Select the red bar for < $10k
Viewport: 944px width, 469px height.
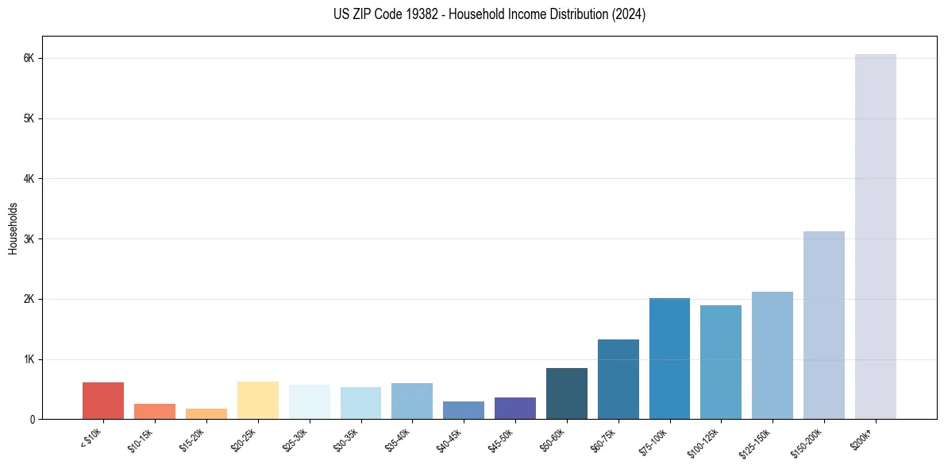click(x=103, y=401)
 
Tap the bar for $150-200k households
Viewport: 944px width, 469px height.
click(x=823, y=325)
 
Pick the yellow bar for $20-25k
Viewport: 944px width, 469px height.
click(x=257, y=400)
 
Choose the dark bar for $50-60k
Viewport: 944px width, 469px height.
click(x=566, y=393)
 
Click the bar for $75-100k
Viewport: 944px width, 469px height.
click(x=669, y=359)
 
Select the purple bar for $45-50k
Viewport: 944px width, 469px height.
click(x=514, y=408)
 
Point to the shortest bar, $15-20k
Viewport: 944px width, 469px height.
click(x=206, y=413)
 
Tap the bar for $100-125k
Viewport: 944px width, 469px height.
click(x=721, y=362)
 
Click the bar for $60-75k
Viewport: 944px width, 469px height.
click(x=618, y=379)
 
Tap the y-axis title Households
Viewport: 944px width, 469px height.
click(x=13, y=228)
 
